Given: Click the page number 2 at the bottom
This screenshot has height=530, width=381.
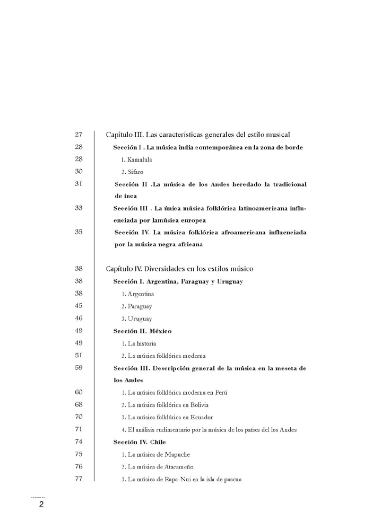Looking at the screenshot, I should pos(40,505).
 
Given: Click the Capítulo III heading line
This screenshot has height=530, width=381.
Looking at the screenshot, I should pos(197,135).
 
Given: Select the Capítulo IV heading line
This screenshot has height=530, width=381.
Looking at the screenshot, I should pos(179,269).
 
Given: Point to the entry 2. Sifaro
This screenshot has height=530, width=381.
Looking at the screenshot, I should pos(132,172).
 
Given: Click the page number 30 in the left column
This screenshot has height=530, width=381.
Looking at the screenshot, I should pos(79,171).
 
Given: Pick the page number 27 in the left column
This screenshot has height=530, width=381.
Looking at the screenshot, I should pos(79,135).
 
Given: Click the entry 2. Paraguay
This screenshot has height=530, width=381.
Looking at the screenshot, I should pos(136,306).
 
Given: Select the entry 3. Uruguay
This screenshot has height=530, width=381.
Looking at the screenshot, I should pos(136,319).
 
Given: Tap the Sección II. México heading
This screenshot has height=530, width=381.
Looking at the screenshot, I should pos(142,331).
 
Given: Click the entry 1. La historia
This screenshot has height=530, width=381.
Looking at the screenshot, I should pos(138,343).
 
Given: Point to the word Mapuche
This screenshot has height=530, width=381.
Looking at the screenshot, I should pos(177,454).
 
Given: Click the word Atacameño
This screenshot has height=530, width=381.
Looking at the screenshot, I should pos(178,466).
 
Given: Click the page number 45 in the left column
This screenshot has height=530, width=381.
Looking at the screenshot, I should pos(79,306).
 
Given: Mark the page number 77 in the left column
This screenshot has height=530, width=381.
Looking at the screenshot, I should pos(79,479).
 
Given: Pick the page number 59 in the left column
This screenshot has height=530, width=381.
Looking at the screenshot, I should pos(79,368).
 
